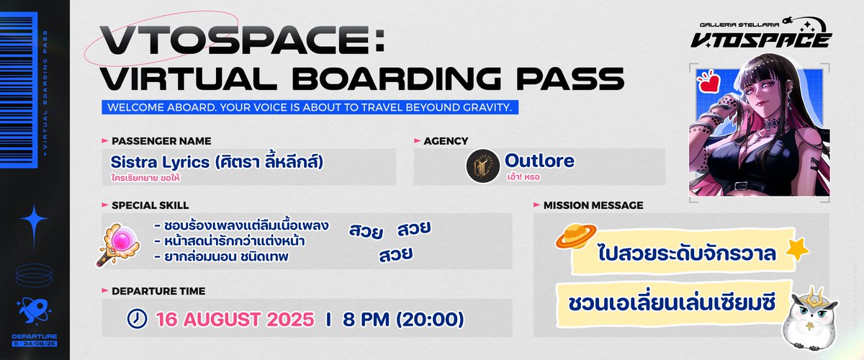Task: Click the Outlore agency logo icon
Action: pyautogui.click(x=482, y=166)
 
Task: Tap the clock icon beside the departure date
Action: pyautogui.click(x=135, y=318)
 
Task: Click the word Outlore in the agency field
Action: pyautogui.click(x=539, y=161)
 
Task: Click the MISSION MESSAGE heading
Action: pyautogui.click(x=593, y=205)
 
